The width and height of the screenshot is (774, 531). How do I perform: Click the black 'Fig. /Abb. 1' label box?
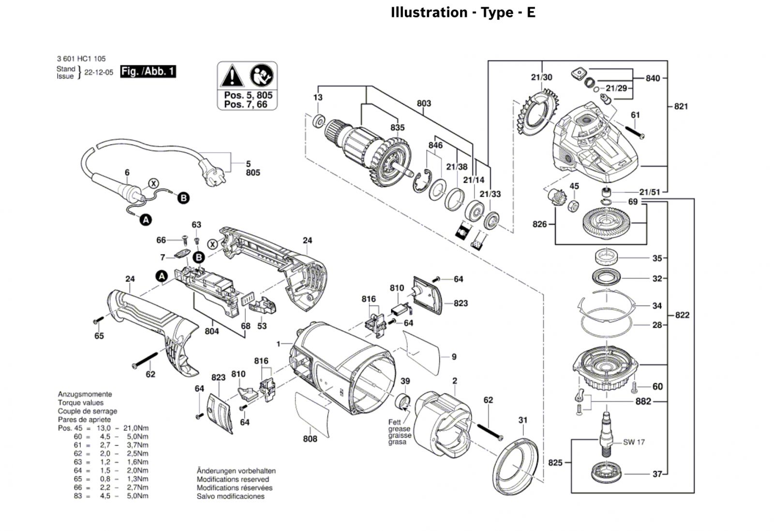click(148, 72)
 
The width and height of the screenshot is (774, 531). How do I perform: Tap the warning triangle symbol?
click(232, 75)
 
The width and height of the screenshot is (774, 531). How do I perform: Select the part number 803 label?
click(424, 103)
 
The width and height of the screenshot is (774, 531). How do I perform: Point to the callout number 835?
click(397, 128)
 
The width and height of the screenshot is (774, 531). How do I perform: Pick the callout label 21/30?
click(541, 77)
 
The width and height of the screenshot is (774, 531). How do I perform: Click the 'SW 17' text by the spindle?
click(634, 442)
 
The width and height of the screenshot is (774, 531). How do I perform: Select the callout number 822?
click(682, 315)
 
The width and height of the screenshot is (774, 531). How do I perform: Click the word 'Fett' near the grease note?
click(395, 422)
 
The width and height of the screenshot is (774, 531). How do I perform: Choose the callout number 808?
click(310, 439)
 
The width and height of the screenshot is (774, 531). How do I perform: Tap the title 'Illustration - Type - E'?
click(463, 12)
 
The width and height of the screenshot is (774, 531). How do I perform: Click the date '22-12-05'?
click(99, 72)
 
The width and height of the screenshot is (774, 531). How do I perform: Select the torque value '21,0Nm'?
click(136, 428)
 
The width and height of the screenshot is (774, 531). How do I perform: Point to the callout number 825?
click(555, 463)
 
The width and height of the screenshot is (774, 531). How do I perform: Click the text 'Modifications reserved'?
click(233, 479)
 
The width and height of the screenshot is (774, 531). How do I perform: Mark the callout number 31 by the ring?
click(523, 420)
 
